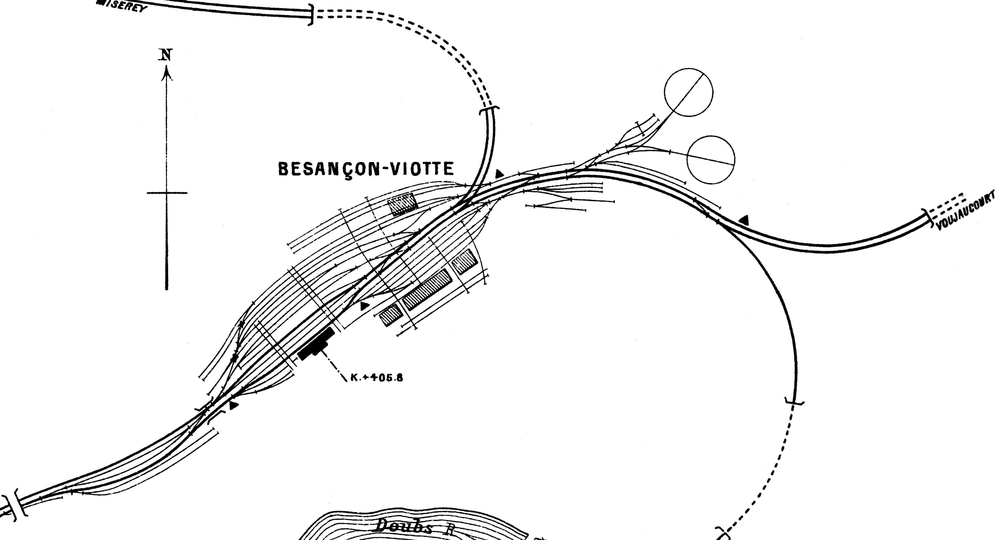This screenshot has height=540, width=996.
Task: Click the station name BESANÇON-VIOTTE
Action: pos(366,169)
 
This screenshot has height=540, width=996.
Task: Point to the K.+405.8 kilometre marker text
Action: pos(377,378)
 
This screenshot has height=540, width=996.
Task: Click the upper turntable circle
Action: pos(689,92)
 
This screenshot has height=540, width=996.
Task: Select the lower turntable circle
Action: pos(711,160)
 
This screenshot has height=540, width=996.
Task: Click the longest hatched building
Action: pos(427,289)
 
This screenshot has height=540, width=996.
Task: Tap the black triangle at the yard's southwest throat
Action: pos(233,405)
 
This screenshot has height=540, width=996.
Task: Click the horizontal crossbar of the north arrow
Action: pos(167,193)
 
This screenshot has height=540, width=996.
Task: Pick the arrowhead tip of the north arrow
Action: pos(167,68)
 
